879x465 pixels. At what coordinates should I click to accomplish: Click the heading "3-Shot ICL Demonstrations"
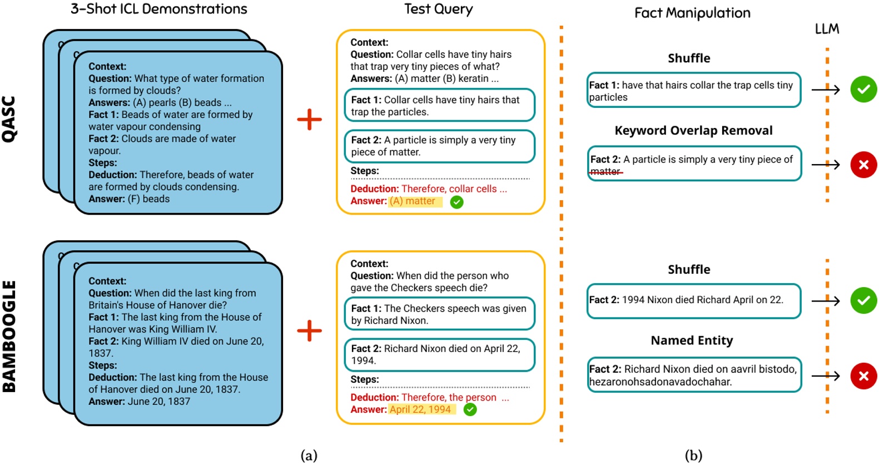158,9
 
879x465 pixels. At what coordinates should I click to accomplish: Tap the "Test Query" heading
438,9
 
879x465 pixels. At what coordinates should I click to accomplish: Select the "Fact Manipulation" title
692,13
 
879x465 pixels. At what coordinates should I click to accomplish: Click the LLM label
827,29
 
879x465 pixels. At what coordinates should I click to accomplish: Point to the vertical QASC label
9,119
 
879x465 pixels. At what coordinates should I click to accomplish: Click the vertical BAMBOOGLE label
9,336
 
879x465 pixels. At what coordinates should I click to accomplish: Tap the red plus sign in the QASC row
309,120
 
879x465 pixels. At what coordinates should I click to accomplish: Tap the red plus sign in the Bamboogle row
309,330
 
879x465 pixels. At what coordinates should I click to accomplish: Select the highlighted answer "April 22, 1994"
421,409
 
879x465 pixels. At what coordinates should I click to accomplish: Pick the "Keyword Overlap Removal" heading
693,131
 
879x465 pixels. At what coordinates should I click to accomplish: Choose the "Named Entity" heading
692,340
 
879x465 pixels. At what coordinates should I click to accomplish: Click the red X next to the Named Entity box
863,376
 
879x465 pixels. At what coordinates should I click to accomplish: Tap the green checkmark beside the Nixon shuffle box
863,300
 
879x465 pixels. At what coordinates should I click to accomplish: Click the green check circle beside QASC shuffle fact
863,89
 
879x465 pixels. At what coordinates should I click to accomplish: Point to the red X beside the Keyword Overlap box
863,165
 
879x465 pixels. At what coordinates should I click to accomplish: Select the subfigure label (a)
309,456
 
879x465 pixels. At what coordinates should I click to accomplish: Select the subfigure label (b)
693,456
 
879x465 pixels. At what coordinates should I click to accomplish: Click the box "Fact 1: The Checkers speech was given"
439,314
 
